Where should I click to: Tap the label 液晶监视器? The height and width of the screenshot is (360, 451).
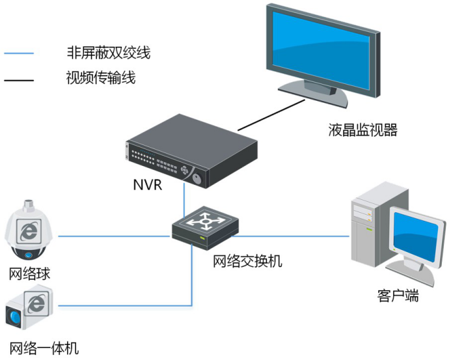362,130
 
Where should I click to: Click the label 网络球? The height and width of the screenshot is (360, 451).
29,273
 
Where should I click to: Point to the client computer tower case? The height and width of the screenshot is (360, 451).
366,228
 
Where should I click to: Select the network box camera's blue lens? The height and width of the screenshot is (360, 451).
14,318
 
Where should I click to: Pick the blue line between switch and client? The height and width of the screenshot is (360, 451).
293,236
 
